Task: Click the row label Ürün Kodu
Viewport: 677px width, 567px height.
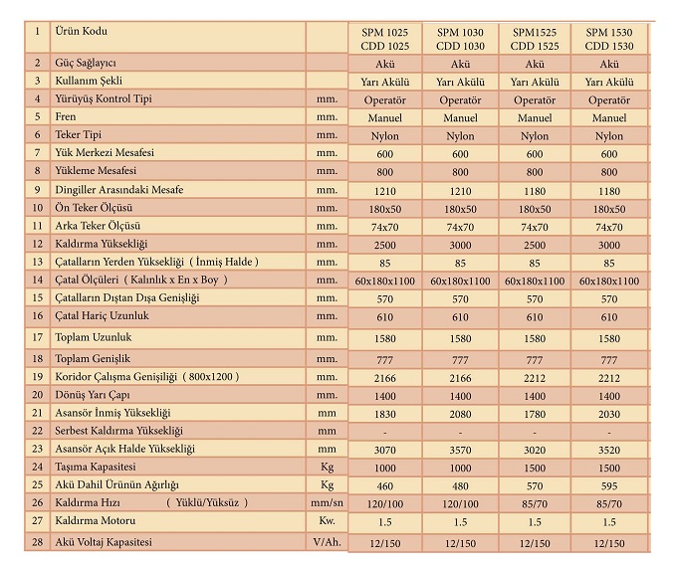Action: point(86,31)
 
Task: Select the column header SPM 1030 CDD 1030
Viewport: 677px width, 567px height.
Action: point(460,39)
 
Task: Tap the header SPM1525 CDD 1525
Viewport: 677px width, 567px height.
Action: point(535,39)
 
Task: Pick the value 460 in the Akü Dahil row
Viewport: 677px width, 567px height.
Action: point(385,486)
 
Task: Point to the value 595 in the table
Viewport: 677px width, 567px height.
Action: point(609,486)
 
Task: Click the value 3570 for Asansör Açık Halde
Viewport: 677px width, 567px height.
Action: point(460,450)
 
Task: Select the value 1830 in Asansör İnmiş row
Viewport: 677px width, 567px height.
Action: point(385,413)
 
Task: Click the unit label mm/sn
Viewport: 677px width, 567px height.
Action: point(326,503)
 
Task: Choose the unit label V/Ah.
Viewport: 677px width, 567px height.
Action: point(326,542)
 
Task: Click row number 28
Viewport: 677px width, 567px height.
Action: point(37,542)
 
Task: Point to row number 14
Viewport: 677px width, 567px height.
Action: point(37,280)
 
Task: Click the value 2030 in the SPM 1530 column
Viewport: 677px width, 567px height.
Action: point(609,413)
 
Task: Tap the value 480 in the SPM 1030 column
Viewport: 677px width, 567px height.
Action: point(460,486)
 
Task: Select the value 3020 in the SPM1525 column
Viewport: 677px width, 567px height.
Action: point(535,450)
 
